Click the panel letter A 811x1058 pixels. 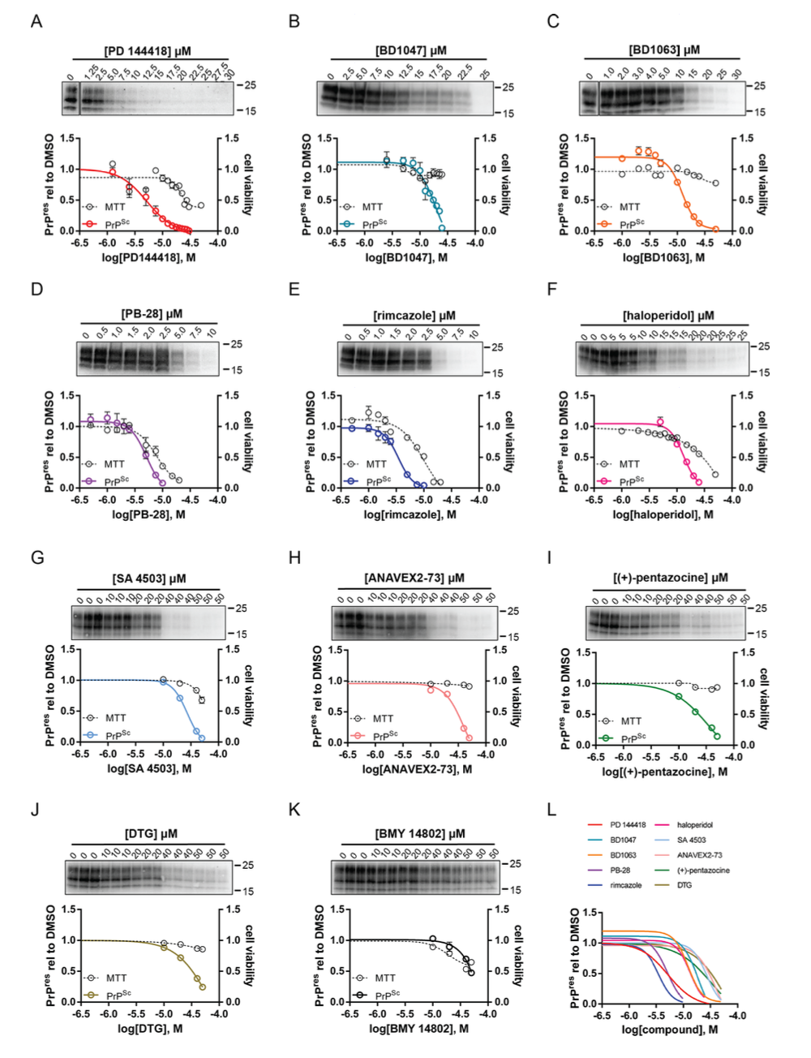(36, 21)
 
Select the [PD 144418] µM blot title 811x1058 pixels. (148, 51)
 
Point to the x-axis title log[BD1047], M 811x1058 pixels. (407, 257)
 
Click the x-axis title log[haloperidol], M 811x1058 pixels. (663, 514)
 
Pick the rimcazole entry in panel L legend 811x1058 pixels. (625, 885)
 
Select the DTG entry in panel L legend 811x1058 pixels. (684, 885)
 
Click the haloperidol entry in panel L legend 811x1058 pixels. (695, 825)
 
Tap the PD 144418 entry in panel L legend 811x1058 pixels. (628, 825)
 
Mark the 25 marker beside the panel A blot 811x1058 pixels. (250, 85)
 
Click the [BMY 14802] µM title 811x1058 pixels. (420, 833)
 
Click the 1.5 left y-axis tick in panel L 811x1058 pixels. (590, 914)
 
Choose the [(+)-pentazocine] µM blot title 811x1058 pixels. (670, 578)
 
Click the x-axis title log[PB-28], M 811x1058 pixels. (148, 514)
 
